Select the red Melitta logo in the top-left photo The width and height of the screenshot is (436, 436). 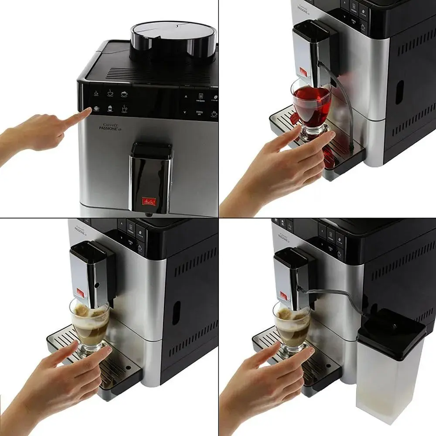[x=148, y=201]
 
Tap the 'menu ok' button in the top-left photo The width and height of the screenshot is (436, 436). [x=199, y=112]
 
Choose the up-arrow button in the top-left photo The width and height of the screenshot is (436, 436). [x=186, y=96]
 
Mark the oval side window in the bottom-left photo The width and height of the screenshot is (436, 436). [x=176, y=312]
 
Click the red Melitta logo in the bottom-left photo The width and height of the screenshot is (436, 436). [x=79, y=291]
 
